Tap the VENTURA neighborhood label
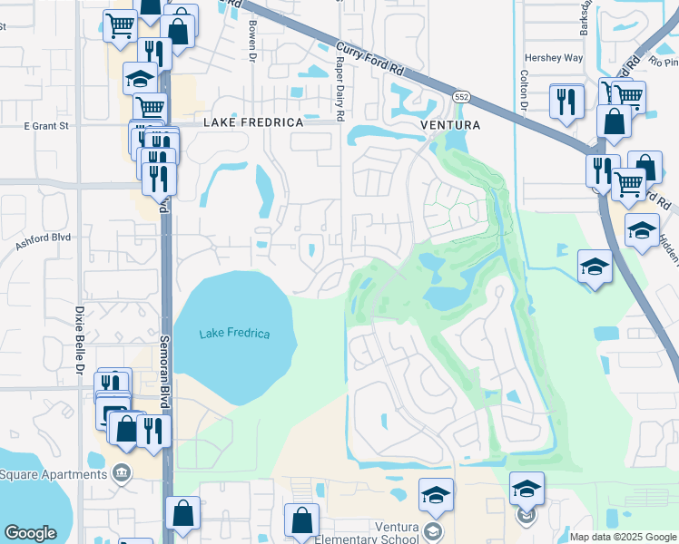click(448, 124)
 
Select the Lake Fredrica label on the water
click(234, 334)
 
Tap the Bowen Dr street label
click(251, 41)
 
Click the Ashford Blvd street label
click(43, 238)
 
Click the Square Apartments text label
click(54, 474)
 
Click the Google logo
click(30, 533)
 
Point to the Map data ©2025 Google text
click(622, 537)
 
